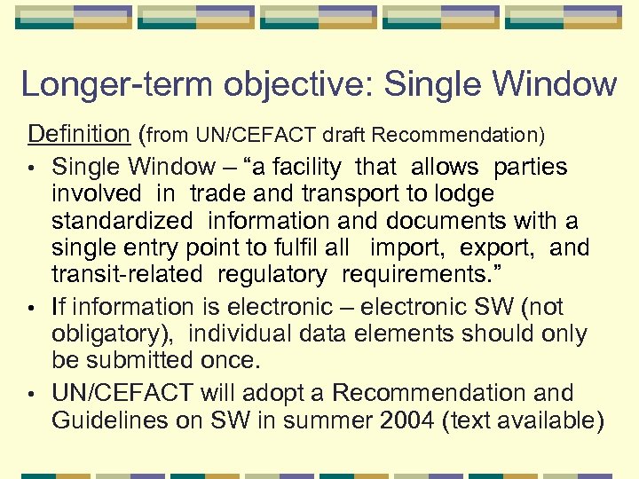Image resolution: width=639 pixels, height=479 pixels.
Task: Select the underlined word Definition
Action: (79, 134)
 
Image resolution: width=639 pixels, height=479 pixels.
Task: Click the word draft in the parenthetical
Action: (345, 135)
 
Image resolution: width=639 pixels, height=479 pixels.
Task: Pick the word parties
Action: (531, 167)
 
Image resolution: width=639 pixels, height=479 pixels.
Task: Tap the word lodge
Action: (460, 193)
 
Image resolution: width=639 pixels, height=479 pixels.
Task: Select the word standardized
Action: (122, 220)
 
